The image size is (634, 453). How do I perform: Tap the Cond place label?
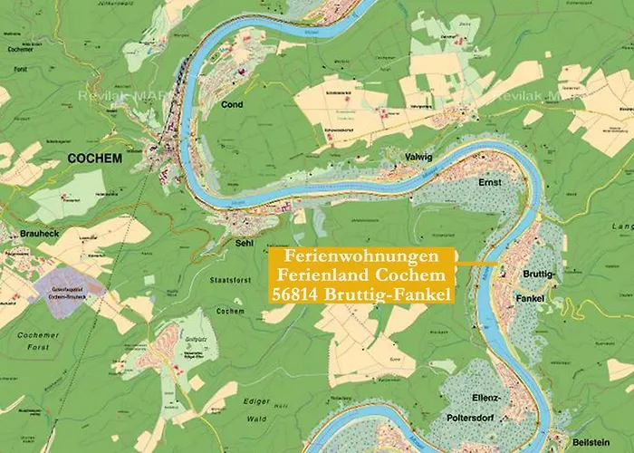point(233,105)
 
